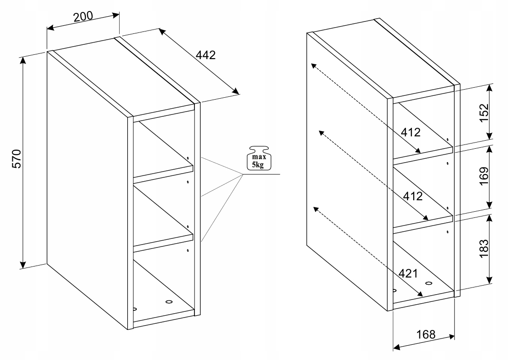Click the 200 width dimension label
click(83, 16)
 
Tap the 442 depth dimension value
click(205, 55)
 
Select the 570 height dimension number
click(16, 159)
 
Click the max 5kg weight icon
click(259, 158)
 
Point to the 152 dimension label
click(484, 113)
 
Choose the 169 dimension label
click(484, 176)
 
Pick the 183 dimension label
click(484, 248)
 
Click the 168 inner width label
click(426, 334)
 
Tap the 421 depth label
click(408, 274)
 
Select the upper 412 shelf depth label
click(410, 132)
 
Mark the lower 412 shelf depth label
click(413, 196)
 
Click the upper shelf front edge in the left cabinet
click(163, 175)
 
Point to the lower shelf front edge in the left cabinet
click(163, 243)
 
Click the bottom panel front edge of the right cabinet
click(423, 300)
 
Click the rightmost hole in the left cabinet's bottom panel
click(169, 302)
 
